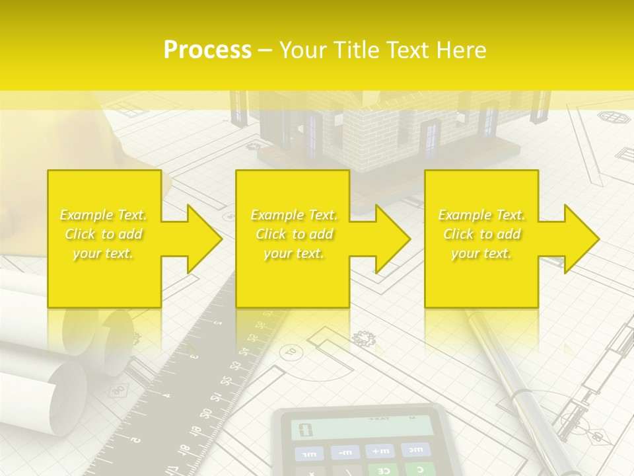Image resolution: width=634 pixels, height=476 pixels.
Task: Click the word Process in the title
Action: tap(207, 50)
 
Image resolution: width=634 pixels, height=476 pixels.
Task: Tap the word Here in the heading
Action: tap(460, 50)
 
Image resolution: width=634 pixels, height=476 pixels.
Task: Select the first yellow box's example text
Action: tap(103, 234)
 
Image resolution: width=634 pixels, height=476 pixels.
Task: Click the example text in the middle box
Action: tap(294, 234)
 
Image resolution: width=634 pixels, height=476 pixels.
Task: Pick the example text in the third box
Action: tap(481, 234)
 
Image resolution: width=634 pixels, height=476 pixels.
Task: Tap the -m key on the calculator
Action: tap(345, 452)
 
